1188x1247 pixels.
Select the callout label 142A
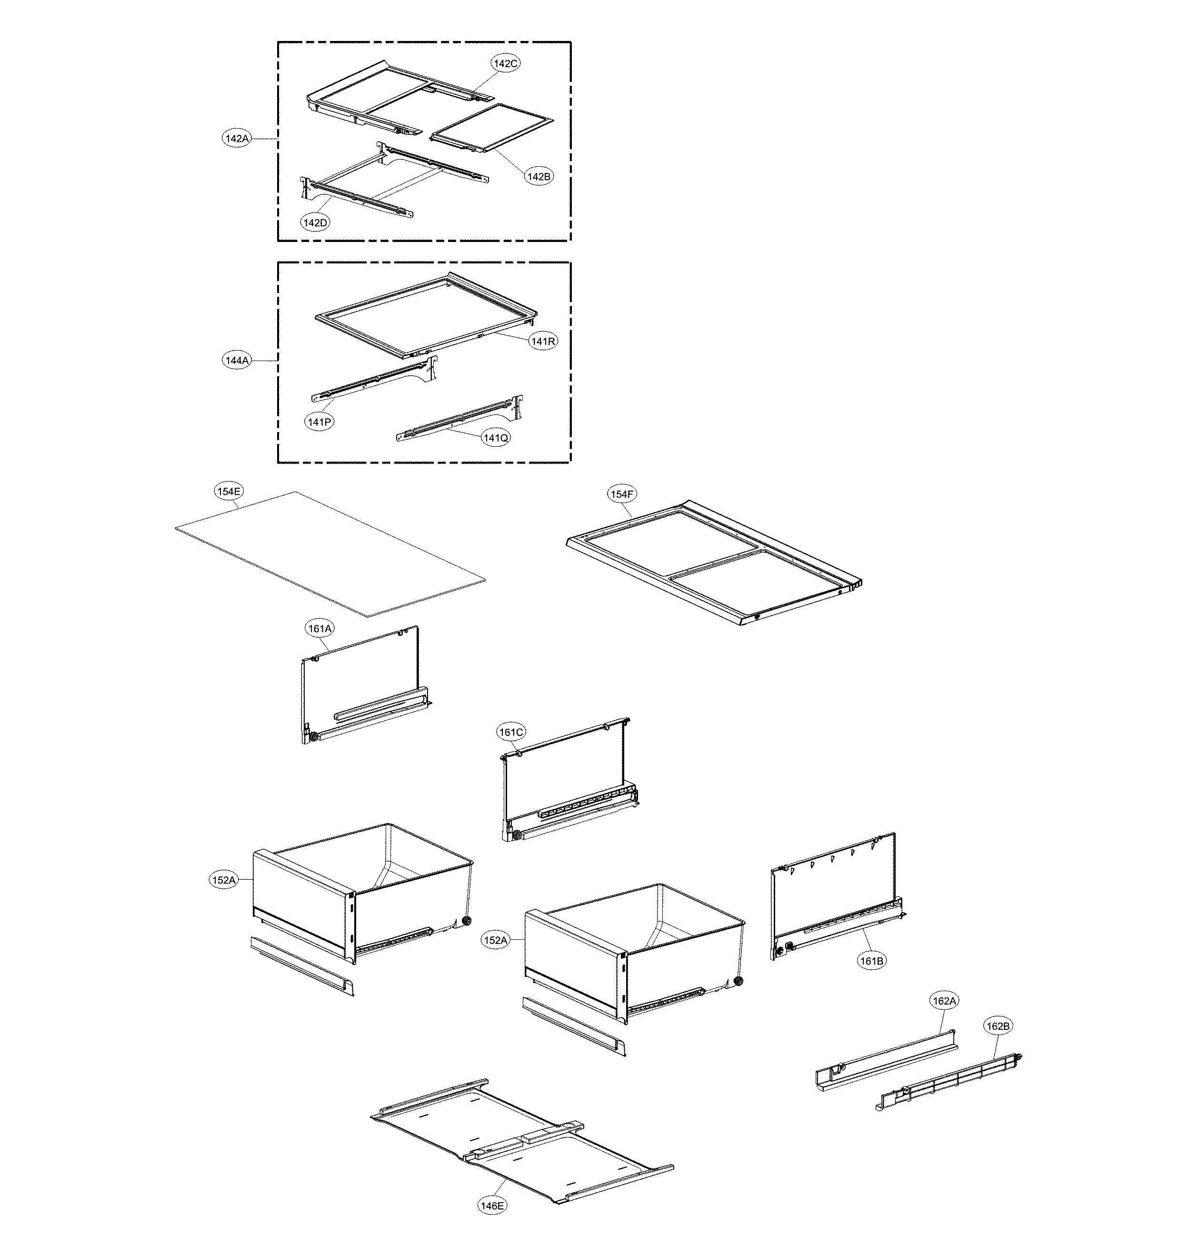click(x=236, y=138)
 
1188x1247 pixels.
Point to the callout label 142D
click(x=315, y=222)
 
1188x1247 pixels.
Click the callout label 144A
click(x=237, y=361)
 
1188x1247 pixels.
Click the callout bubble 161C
click(x=510, y=732)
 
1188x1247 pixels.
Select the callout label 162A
click(x=944, y=1001)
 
